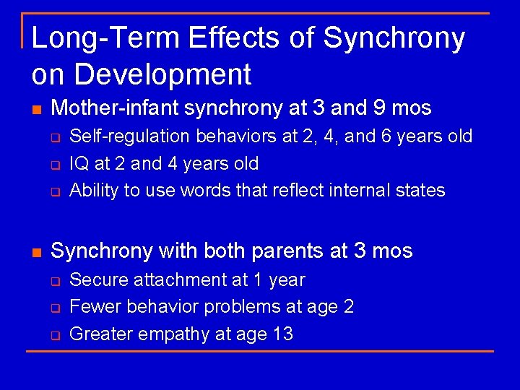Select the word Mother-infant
116,108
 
